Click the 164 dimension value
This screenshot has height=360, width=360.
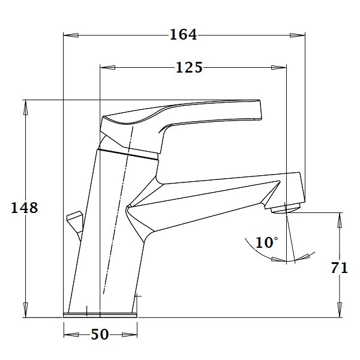click(183, 35)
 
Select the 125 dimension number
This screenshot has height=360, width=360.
click(189, 67)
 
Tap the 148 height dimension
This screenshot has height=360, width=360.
click(25, 208)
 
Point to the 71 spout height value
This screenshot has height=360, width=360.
click(340, 268)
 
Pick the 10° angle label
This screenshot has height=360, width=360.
click(266, 242)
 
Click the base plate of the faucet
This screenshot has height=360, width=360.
click(100, 314)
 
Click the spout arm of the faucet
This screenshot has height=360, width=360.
click(216, 198)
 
